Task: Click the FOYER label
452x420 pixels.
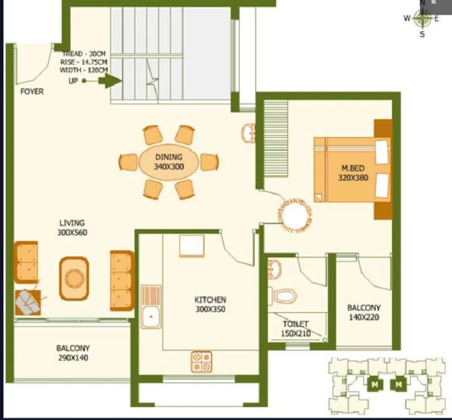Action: pos(32,91)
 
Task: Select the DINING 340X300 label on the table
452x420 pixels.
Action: pos(168,162)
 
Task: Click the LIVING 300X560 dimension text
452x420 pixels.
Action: pos(72,228)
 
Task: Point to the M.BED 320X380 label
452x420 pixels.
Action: pos(353,173)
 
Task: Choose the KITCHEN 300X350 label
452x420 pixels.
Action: pos(210,304)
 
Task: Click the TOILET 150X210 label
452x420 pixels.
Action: pos(295,329)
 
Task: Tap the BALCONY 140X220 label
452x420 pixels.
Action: pos(364,313)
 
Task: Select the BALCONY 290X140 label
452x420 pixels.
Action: pos(73,353)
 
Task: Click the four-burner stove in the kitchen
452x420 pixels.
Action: pos(202,362)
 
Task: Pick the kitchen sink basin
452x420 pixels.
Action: pos(151,317)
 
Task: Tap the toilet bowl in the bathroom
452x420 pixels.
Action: pos(284,296)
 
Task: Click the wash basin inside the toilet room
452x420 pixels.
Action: pos(274,269)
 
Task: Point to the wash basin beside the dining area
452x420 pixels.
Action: pos(248,133)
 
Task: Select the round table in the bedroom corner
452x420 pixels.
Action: pos(295,215)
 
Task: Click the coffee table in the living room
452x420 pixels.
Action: pos(74,278)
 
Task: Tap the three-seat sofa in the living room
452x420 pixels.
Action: pos(122,281)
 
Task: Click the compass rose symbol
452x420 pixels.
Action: pos(422,19)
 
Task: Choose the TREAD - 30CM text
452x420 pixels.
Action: pos(84,54)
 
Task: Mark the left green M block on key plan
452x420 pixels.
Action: pos(375,384)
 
